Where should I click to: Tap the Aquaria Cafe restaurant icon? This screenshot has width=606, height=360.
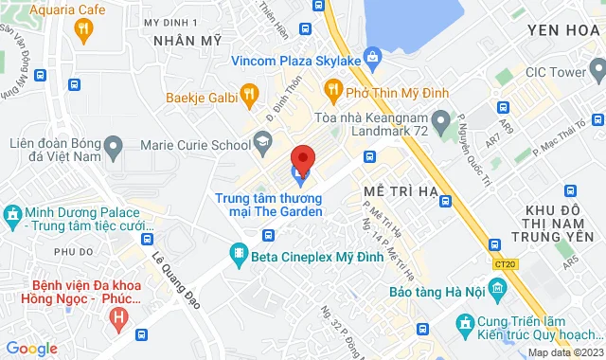84,29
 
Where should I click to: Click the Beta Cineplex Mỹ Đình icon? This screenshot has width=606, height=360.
238,253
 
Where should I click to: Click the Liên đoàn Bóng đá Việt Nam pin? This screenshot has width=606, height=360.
115,146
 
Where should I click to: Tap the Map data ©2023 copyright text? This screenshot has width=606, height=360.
564,352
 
